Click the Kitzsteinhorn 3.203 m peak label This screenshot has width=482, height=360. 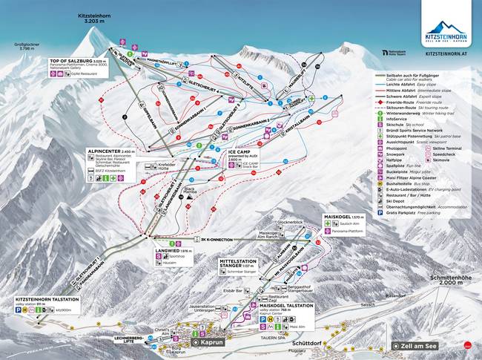pos(97,18)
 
